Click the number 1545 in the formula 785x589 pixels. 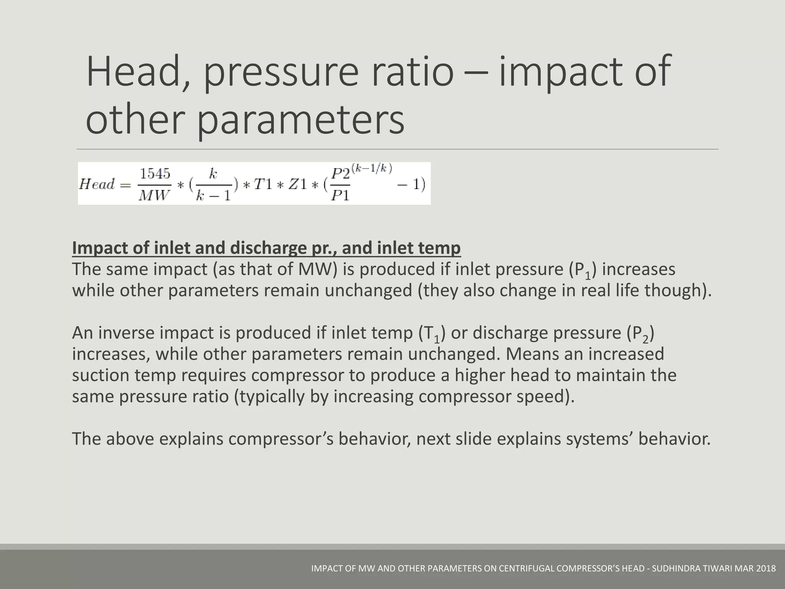(x=154, y=174)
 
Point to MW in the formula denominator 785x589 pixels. (x=154, y=195)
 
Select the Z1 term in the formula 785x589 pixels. (x=298, y=184)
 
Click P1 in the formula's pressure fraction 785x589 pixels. (x=340, y=196)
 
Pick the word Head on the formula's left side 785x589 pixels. (x=97, y=184)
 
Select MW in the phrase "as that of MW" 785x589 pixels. (x=315, y=269)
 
